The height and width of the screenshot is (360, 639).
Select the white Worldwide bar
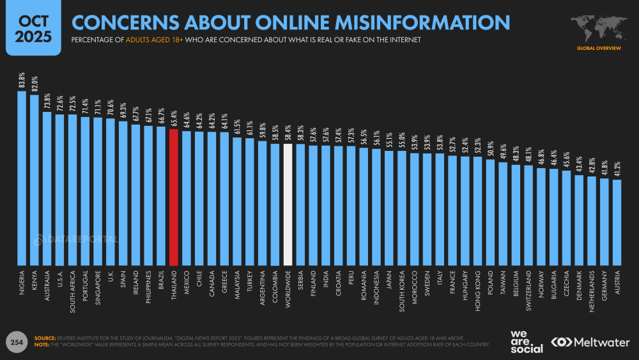288,204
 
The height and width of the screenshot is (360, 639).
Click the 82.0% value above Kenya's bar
35,85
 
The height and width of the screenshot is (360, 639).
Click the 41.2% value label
617,170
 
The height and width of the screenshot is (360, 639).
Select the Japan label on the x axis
389,281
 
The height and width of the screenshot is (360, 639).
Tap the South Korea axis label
402,291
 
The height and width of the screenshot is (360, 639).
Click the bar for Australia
47,188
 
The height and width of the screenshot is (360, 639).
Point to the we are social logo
527,341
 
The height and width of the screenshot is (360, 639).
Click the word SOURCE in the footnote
45,338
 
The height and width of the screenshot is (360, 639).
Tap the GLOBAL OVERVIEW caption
598,48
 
